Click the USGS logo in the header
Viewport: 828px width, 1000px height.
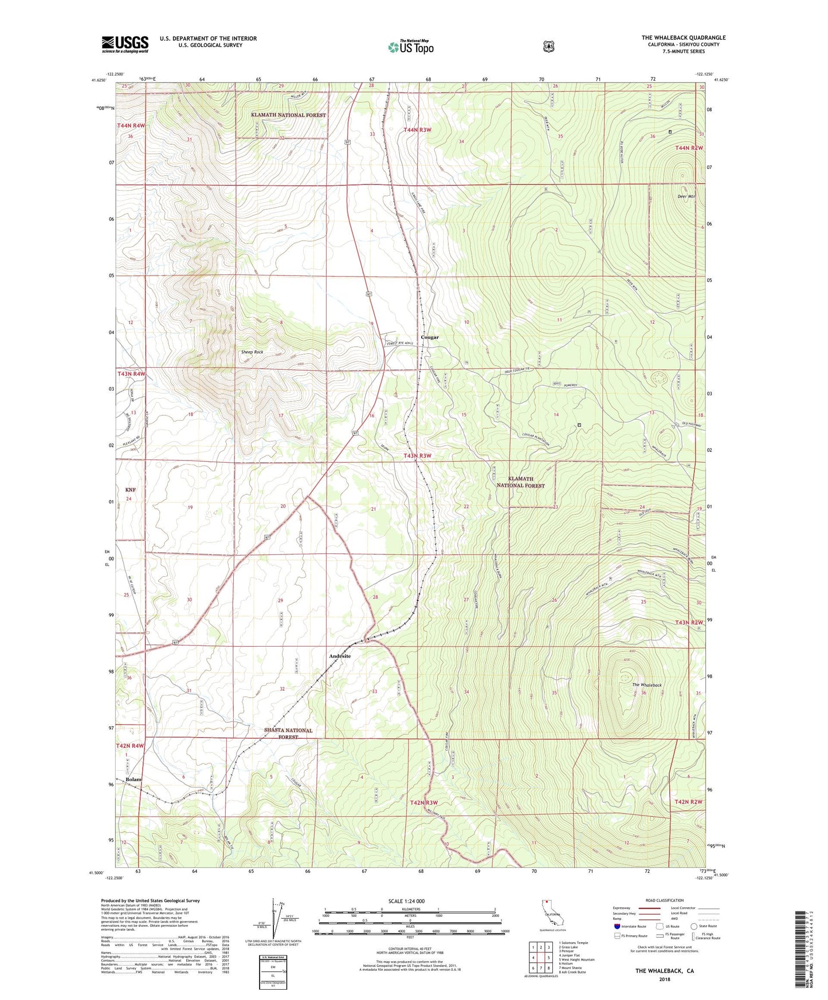coord(125,44)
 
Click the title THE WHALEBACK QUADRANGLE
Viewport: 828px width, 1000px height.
coord(683,38)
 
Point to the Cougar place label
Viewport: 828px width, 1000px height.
coord(430,337)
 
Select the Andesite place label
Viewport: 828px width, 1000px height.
coord(340,656)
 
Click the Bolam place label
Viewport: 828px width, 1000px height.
coord(134,779)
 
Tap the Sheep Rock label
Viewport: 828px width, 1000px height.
coord(252,352)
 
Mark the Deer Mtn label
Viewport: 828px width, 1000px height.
coord(686,196)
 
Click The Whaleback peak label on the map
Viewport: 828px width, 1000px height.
coord(647,685)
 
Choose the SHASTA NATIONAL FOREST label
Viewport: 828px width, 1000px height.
coord(288,734)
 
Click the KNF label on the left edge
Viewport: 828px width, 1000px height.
coord(131,490)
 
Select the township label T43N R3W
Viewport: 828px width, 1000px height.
coord(417,456)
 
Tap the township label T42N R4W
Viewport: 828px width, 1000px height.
coord(130,746)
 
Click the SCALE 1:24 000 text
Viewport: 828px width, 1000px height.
coord(406,901)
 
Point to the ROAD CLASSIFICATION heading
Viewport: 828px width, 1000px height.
coord(664,900)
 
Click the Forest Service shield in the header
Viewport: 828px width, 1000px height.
coord(549,46)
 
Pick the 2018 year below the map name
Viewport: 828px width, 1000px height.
coord(664,979)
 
